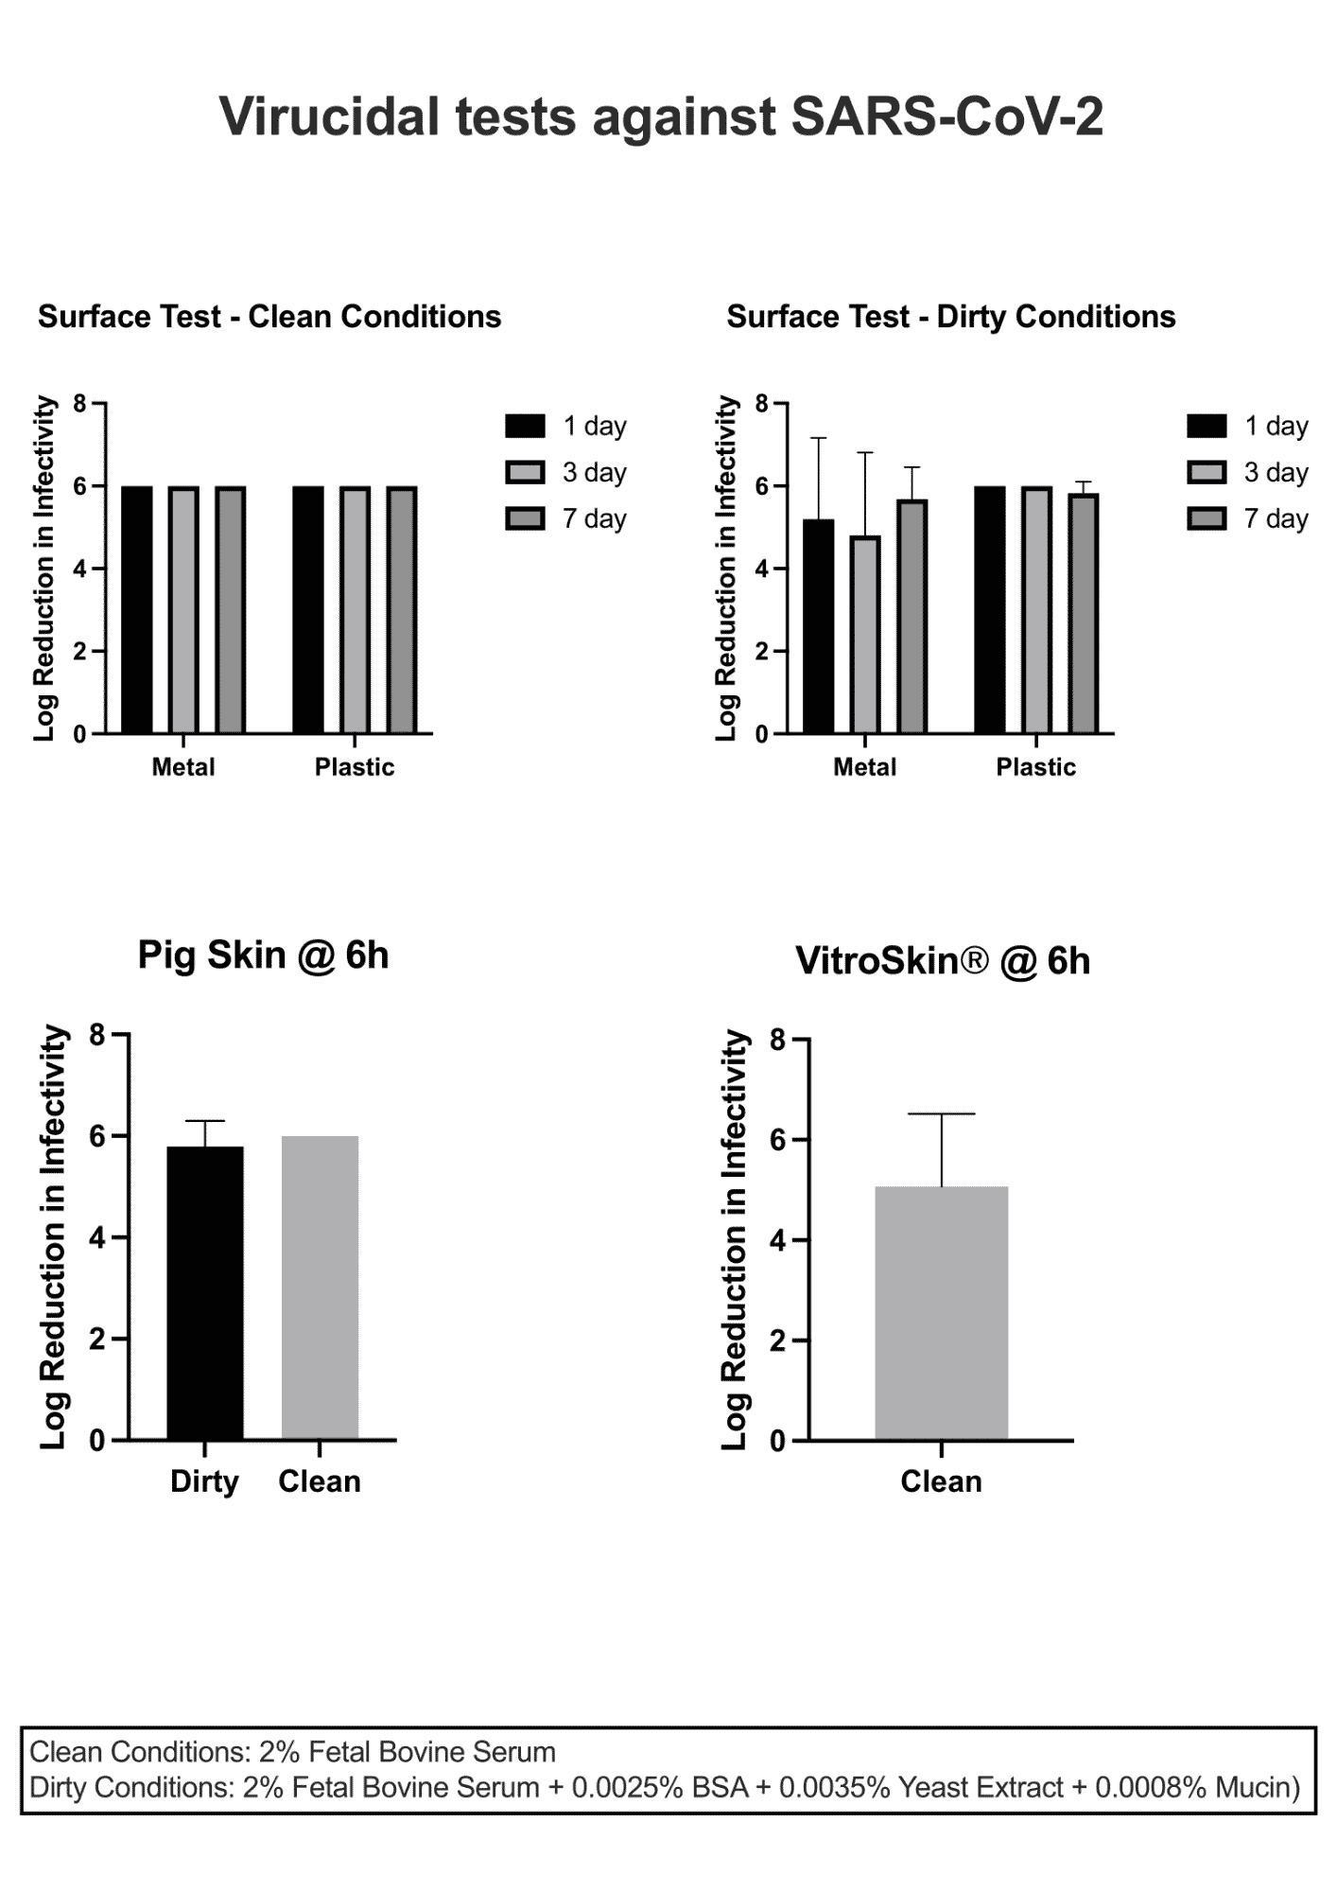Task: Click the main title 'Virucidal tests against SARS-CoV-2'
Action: coord(661,117)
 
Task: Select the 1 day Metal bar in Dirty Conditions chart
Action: coord(819,626)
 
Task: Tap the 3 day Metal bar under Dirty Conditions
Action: coord(865,635)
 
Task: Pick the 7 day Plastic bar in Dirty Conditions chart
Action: coord(1084,614)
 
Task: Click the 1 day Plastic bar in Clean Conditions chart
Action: coord(308,610)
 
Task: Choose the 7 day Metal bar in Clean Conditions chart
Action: coord(231,610)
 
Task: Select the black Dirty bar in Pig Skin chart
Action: coord(205,1293)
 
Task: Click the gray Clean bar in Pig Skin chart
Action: coord(320,1288)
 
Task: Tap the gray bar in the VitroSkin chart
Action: coord(942,1313)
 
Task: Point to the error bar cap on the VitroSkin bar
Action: coord(942,1114)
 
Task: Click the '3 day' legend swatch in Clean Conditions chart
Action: coord(526,472)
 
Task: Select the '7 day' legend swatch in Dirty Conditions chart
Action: coord(1207,518)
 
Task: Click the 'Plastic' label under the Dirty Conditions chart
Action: coord(1036,767)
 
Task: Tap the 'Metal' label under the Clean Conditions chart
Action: coord(183,767)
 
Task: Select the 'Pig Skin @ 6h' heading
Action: coord(264,955)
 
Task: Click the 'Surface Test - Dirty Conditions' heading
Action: coord(951,317)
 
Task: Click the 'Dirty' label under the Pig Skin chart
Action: coord(204,1481)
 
